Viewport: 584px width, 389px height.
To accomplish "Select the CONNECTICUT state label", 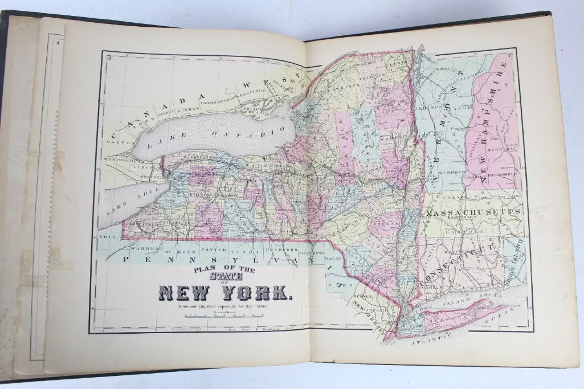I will click(462, 264).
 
